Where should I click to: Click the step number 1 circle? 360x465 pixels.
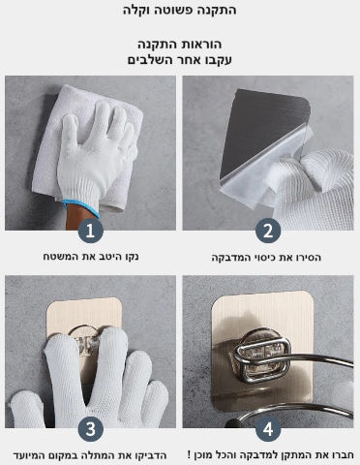click(x=90, y=231)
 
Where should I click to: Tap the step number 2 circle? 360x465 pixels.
click(x=268, y=231)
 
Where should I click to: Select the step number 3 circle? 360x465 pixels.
click(x=90, y=429)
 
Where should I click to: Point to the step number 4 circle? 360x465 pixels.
click(x=268, y=429)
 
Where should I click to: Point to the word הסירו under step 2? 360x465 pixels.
click(x=308, y=258)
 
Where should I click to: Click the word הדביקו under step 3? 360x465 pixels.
click(x=152, y=455)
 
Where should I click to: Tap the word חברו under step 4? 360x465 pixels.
click(x=344, y=455)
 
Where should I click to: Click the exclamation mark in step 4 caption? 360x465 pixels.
click(x=190, y=455)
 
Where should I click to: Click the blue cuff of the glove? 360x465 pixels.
click(x=80, y=208)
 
